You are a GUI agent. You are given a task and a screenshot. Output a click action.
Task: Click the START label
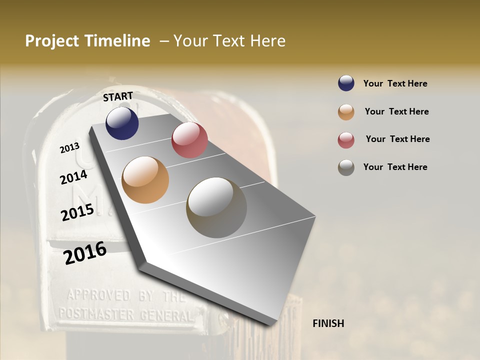click(118, 96)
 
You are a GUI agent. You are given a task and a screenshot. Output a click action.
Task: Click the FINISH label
click(328, 323)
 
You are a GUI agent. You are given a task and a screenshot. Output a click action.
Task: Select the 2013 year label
click(69, 148)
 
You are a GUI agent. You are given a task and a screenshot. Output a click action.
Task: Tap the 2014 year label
click(73, 177)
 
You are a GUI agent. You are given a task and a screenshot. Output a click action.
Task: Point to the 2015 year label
click(77, 212)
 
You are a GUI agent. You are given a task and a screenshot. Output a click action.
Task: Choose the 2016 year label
click(85, 253)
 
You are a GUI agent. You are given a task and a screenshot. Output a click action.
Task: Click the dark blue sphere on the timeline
click(122, 123)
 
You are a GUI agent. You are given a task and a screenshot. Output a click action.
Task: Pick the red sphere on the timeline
click(189, 139)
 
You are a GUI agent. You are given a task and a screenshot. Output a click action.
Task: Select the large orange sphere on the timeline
click(145, 179)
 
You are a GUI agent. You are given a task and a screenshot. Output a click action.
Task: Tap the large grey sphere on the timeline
click(216, 207)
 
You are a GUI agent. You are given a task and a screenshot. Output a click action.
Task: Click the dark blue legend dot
click(346, 83)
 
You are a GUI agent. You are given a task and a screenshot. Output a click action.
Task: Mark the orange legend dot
click(346, 112)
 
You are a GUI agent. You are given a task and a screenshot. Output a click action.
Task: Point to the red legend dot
click(346, 140)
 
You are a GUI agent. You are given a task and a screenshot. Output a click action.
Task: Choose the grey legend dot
click(346, 167)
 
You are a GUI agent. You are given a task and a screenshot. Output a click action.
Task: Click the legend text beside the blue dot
click(395, 83)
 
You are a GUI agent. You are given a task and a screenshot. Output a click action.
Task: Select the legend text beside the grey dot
click(395, 167)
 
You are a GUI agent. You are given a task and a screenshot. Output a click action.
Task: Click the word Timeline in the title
click(118, 41)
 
